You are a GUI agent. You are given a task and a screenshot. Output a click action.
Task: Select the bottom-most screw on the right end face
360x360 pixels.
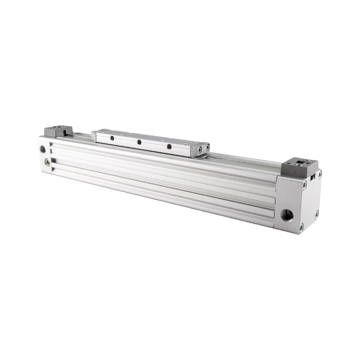(x=301, y=228)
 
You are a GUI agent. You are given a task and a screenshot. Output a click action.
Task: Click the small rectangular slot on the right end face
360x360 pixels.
(x=313, y=176)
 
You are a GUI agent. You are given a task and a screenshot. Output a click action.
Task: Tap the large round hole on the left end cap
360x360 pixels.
(x=43, y=149)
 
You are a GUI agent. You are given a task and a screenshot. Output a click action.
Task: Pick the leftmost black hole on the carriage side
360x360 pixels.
(x=112, y=138)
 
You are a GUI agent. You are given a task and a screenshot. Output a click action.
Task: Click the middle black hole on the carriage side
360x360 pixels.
(x=139, y=142)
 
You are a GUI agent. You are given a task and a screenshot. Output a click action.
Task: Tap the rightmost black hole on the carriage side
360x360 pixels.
(x=169, y=147)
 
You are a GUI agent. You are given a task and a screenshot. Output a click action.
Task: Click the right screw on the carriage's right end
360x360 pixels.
(x=208, y=147)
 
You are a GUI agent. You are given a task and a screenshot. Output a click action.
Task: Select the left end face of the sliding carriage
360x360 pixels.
(x=94, y=136)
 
